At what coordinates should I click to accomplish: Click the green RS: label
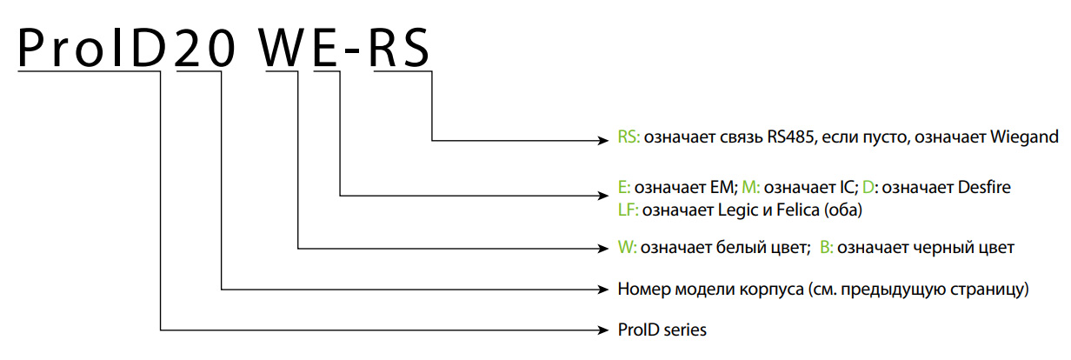tap(629, 137)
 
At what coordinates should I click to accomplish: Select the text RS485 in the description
tap(790, 137)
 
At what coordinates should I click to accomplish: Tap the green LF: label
tap(628, 210)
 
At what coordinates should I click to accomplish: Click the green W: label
tap(627, 248)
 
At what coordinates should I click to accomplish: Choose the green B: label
tap(826, 248)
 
